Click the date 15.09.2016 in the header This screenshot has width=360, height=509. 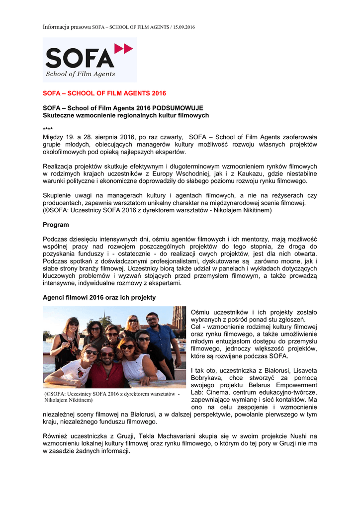click(x=183, y=26)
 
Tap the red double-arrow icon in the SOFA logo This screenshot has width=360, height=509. click(x=123, y=48)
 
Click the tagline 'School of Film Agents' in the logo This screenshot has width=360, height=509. click(x=81, y=74)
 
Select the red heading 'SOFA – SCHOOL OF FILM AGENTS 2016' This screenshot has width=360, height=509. click(x=104, y=93)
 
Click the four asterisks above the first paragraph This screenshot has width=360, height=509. click(x=48, y=129)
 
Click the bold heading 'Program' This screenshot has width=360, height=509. click(x=56, y=225)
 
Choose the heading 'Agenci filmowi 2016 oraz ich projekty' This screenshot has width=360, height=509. click(x=99, y=297)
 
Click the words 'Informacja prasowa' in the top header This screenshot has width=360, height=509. click(x=67, y=26)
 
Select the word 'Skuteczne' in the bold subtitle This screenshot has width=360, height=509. click(x=61, y=115)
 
